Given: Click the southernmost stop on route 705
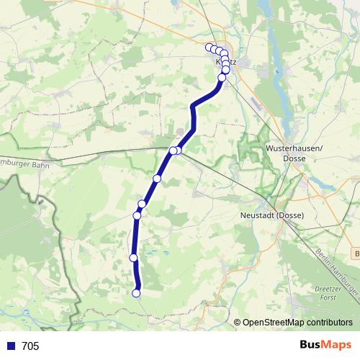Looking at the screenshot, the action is (x=136, y=292).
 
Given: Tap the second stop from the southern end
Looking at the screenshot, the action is (x=133, y=258).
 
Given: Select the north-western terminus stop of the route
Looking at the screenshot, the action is (x=210, y=48).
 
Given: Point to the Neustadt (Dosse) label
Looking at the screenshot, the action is (x=272, y=215).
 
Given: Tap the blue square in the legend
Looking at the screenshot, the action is (x=10, y=346).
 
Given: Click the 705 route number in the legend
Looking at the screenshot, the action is (x=31, y=346).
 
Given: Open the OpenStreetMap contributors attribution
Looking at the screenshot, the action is (x=297, y=323).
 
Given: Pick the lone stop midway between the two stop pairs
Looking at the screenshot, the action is (x=157, y=178).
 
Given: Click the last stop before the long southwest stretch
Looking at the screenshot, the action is (x=222, y=78).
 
